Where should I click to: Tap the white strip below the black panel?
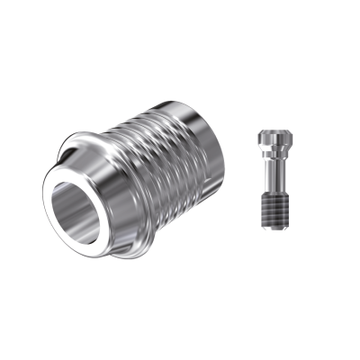(x=180, y=324)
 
